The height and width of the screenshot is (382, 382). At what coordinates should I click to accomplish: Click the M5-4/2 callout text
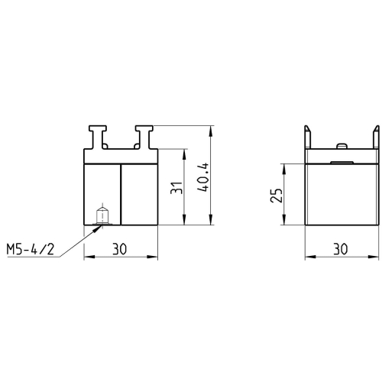point(31,249)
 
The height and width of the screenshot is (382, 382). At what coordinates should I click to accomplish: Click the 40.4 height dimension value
point(203,177)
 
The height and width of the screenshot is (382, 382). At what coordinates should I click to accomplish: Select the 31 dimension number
point(176,187)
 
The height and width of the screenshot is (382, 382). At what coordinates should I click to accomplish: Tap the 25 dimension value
point(277,196)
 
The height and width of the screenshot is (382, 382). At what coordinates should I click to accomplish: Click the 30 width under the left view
point(119,249)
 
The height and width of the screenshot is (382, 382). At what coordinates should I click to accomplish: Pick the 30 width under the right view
point(340,249)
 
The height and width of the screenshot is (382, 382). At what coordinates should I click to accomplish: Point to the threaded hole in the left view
point(102,216)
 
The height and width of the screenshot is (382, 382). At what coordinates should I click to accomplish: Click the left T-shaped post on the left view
point(98,137)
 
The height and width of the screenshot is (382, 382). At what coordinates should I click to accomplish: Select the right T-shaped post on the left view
point(144,137)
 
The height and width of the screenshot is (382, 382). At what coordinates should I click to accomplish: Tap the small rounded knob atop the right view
point(342,146)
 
